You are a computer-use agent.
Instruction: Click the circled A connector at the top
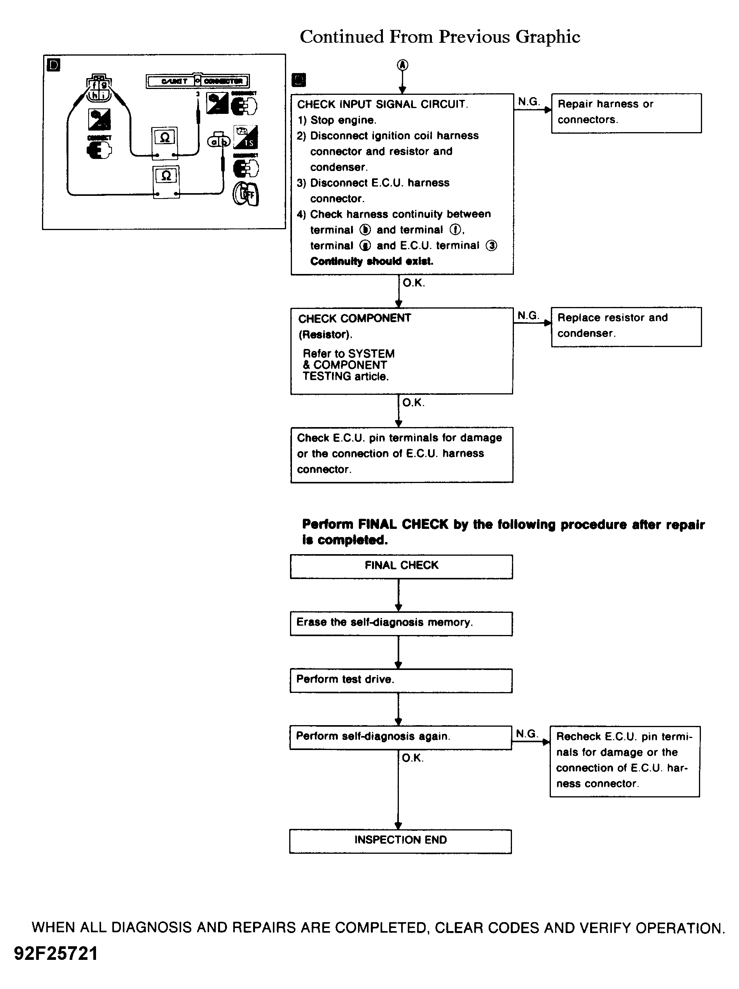pos(403,65)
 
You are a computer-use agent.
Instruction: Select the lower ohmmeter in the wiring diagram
pos(166,181)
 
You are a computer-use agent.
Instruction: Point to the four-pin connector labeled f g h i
pos(98,89)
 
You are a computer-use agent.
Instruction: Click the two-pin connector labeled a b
pos(219,141)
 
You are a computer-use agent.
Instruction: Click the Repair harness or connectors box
pos(626,113)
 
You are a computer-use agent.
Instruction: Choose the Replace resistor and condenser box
pos(626,326)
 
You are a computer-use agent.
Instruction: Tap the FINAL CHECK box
pos(401,567)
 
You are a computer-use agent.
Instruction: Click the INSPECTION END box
pos(400,841)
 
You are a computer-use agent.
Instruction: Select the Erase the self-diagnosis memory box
pos(401,623)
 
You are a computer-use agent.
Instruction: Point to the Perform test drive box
pos(401,680)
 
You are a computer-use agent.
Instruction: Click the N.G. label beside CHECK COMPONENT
pos(528,316)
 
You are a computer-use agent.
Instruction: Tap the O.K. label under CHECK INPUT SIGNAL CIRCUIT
pos(414,283)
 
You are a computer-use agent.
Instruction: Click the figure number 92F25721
pos(56,954)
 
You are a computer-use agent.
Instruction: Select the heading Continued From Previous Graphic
pos(440,37)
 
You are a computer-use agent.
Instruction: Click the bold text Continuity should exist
pos(372,262)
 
